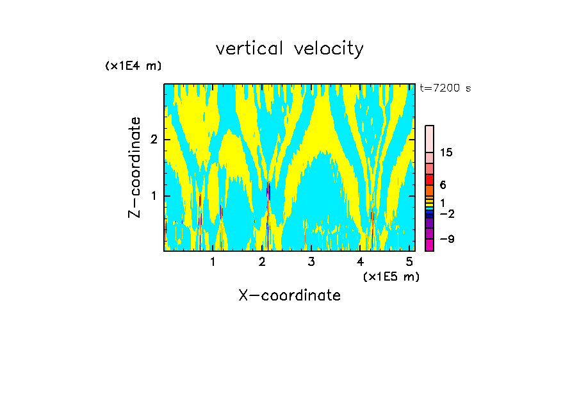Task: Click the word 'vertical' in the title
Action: point(247,49)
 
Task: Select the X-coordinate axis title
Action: point(289,295)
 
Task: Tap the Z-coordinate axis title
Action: point(135,167)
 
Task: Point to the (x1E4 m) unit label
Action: point(133,66)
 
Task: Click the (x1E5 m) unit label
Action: point(391,276)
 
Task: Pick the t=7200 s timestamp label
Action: point(444,88)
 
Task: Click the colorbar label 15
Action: point(446,152)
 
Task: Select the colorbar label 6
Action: point(443,185)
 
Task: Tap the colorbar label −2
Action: point(447,214)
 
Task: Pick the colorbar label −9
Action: point(447,240)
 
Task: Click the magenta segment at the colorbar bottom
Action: point(430,245)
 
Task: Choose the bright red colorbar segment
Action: point(430,179)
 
